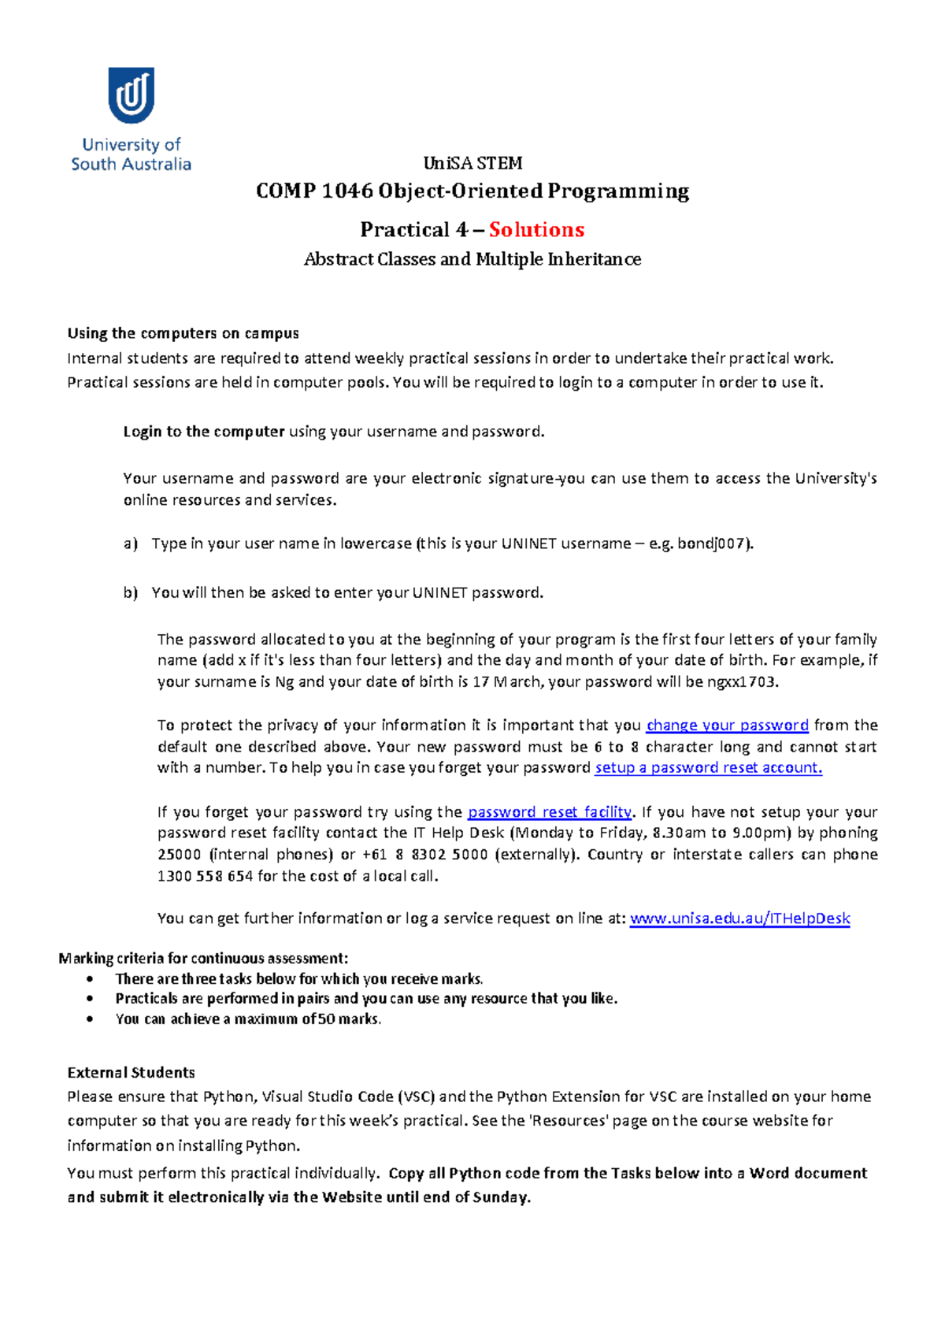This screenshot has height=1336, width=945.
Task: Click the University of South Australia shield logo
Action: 132,95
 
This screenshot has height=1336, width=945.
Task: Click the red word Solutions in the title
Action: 536,230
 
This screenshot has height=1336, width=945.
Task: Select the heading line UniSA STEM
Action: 472,163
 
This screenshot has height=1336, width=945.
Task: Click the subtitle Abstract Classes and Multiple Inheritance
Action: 472,259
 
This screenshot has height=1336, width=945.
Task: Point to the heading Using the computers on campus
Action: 183,333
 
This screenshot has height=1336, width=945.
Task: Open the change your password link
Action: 727,725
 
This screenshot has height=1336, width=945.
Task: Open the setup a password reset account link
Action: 708,767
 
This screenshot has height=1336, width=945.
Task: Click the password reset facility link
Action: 549,811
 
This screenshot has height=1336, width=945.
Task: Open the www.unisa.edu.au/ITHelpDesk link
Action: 739,918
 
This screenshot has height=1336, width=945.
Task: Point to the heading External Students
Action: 131,1072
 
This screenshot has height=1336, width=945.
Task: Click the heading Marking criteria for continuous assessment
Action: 203,958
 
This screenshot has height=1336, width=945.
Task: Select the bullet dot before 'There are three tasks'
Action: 91,979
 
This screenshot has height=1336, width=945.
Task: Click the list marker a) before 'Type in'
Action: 130,544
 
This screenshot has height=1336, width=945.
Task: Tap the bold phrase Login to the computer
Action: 204,432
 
